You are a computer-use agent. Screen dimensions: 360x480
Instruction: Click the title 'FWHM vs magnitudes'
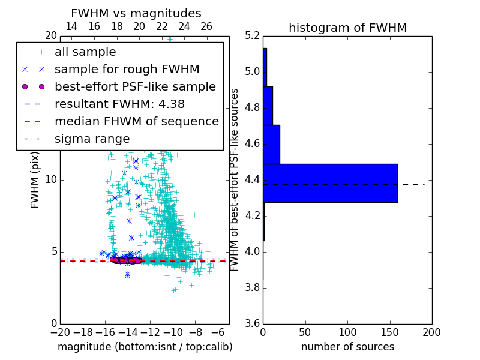[x=136, y=14]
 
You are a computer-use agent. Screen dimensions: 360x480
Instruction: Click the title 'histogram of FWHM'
[x=347, y=28]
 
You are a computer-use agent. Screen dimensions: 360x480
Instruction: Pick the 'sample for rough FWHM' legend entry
[x=127, y=70]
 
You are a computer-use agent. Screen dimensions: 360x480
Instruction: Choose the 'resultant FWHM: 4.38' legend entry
[x=119, y=104]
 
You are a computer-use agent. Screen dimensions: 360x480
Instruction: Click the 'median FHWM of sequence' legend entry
[x=136, y=122]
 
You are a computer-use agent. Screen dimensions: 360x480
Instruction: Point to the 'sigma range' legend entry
[x=92, y=139]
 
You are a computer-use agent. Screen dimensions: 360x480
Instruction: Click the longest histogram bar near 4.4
[x=330, y=183]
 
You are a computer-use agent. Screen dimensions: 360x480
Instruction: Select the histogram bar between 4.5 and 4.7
[x=271, y=144]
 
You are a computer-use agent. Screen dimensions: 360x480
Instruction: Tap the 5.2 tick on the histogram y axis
[x=252, y=36]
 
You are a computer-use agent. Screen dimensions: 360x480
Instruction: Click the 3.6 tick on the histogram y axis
[x=252, y=323]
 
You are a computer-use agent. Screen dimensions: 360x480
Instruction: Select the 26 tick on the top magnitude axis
[x=206, y=26]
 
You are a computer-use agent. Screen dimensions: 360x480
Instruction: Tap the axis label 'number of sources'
[x=347, y=347]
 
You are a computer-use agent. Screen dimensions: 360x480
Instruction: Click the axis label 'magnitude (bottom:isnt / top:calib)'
[x=145, y=347]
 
